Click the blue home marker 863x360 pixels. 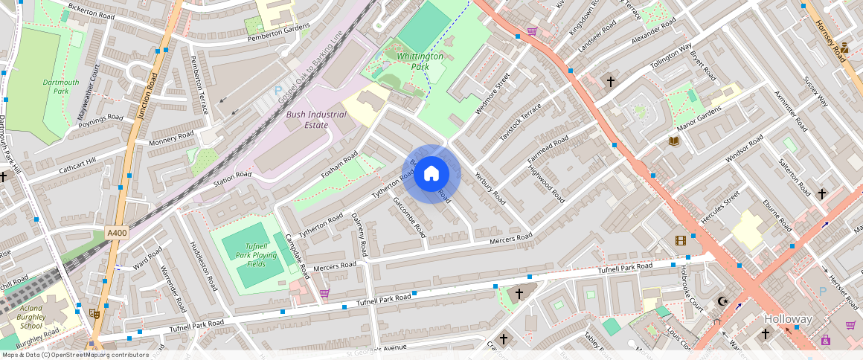click(431, 174)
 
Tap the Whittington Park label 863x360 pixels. click(420, 61)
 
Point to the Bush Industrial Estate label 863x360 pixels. click(317, 120)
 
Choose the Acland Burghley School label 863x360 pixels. click(31, 317)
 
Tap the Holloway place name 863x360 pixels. click(789, 319)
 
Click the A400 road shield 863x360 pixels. click(117, 233)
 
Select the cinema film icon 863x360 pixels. click(680, 240)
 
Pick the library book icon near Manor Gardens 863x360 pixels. click(675, 141)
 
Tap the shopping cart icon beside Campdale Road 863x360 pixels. click(324, 293)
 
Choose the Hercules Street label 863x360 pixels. click(721, 207)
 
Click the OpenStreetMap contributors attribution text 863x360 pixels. click(74, 355)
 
